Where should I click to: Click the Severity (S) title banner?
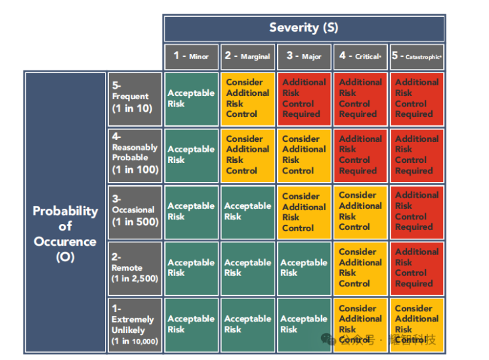(303, 28)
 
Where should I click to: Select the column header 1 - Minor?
(191, 56)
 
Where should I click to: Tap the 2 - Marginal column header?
(247, 56)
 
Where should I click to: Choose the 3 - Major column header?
(304, 56)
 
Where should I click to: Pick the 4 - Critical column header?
(360, 56)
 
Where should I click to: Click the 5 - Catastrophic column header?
(417, 56)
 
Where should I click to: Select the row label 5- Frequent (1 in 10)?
(135, 99)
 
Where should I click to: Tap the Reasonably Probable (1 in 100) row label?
(135, 155)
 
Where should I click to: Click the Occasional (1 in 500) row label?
(135, 212)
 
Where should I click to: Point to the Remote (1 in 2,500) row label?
(135, 268)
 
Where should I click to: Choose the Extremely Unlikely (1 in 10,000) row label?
(135, 325)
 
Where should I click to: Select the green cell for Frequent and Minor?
(191, 99)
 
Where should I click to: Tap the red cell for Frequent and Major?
(304, 99)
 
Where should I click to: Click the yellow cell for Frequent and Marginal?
(247, 99)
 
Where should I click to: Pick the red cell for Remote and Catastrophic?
(417, 268)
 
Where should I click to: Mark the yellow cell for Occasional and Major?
(304, 212)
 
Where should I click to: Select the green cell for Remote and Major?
(304, 268)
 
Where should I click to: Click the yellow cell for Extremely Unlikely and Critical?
(360, 325)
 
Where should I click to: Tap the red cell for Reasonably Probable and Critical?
(360, 155)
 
